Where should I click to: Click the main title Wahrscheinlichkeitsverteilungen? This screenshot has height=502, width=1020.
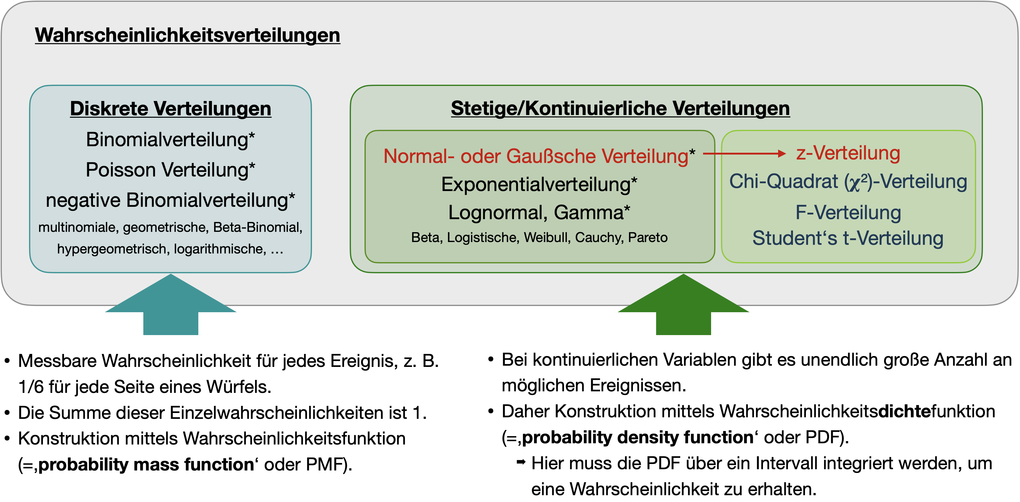(x=187, y=35)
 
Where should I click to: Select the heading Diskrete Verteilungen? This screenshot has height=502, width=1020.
(x=171, y=108)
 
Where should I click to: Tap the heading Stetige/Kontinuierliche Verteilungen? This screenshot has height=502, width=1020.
(x=620, y=108)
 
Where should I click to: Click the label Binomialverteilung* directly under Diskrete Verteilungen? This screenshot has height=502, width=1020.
(x=170, y=139)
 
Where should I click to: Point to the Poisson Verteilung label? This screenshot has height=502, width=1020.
(x=170, y=170)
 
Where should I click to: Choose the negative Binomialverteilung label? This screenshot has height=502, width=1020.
(x=170, y=200)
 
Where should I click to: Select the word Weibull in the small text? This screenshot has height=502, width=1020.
(x=546, y=237)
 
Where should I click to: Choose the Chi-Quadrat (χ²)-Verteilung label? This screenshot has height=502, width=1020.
(x=848, y=182)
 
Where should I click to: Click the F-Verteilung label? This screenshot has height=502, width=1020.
(x=848, y=213)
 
